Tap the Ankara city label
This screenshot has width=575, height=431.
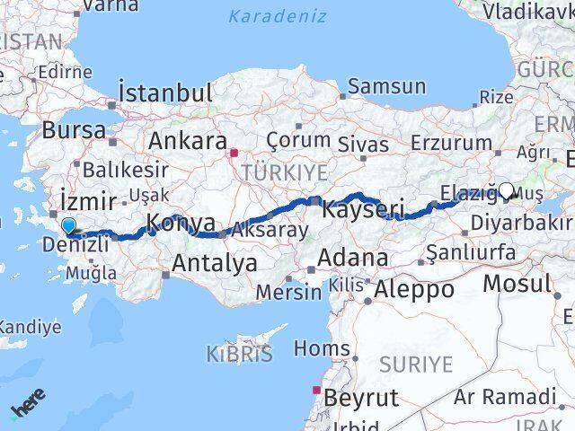187,141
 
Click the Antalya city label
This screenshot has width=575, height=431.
214,263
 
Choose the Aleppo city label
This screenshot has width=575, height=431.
414,289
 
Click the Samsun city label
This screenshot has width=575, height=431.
386,87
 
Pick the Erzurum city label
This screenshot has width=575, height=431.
450,143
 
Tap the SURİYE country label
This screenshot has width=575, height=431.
415,364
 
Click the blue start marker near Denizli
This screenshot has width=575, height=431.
68,225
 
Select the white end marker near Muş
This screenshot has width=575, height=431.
507,190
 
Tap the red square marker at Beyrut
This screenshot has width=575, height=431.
315,390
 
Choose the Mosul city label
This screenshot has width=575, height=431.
517,284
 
